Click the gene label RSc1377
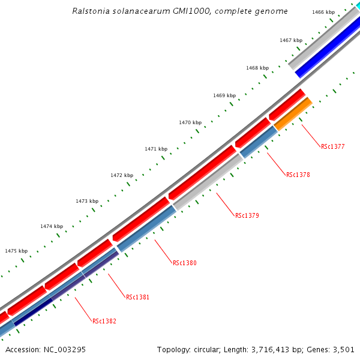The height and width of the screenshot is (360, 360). click(333, 146)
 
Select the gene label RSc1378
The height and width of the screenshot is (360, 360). click(298, 175)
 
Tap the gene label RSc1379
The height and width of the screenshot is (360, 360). click(247, 215)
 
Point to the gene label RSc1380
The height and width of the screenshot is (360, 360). click(185, 263)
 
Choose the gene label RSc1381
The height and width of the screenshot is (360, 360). click(138, 297)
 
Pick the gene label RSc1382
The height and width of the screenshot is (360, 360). click(104, 321)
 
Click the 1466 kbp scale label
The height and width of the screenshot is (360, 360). click(323, 12)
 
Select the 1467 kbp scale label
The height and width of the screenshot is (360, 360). click(290, 40)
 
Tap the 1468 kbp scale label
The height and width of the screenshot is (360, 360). click(257, 68)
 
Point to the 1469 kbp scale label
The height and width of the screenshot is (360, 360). click(224, 96)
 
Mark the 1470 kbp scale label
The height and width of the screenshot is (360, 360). click(190, 122)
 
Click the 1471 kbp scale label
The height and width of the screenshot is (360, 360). click(155, 149)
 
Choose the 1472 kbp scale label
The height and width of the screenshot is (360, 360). click(121, 175)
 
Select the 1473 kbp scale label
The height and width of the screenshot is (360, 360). click(86, 201)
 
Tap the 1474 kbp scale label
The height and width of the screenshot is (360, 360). click(52, 226)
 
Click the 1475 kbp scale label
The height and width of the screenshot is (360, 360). click(16, 251)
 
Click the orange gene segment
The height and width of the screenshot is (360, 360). click(293, 114)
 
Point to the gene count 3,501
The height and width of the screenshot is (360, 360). click(344, 349)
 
